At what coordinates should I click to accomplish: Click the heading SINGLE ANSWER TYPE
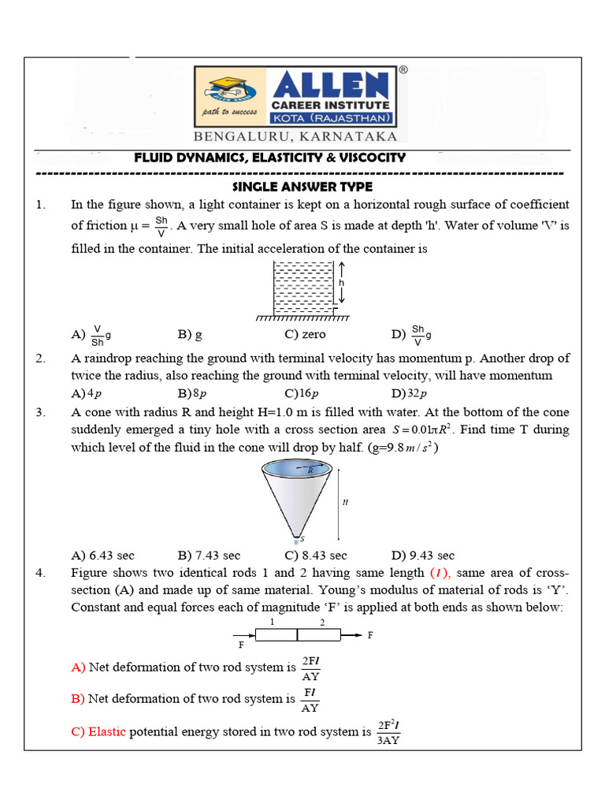point(302,187)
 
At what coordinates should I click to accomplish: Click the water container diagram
point(302,288)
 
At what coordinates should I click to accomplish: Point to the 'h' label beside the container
point(342,282)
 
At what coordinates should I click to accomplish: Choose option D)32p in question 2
point(408,393)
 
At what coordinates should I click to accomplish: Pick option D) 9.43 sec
point(422,556)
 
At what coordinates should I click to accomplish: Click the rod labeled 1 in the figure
point(276,634)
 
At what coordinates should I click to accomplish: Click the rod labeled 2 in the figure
point(319,634)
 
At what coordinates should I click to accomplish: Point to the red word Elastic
point(107,731)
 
